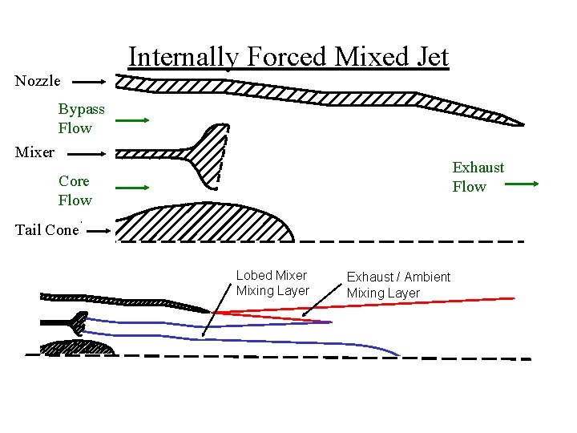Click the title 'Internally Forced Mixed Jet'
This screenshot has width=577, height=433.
coord(288,57)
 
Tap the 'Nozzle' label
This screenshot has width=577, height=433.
coord(38,81)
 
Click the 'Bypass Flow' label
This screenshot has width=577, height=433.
coord(81,119)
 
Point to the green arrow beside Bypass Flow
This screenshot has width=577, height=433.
coord(132,121)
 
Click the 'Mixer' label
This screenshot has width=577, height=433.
coord(35,152)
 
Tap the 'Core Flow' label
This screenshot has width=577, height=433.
coord(75,191)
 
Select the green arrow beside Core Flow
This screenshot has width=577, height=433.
coord(132,188)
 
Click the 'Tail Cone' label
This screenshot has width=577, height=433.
coord(46,230)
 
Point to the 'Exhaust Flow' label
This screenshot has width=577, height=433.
coord(478,177)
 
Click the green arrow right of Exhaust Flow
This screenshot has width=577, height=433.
coord(525,184)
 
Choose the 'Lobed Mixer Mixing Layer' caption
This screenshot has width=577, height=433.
coord(272,283)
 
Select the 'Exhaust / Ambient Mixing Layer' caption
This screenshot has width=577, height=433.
coord(398,285)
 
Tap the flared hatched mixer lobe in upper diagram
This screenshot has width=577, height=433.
coord(213,156)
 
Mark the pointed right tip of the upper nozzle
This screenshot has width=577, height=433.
coord(521,124)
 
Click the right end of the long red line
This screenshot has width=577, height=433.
coord(513,298)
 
